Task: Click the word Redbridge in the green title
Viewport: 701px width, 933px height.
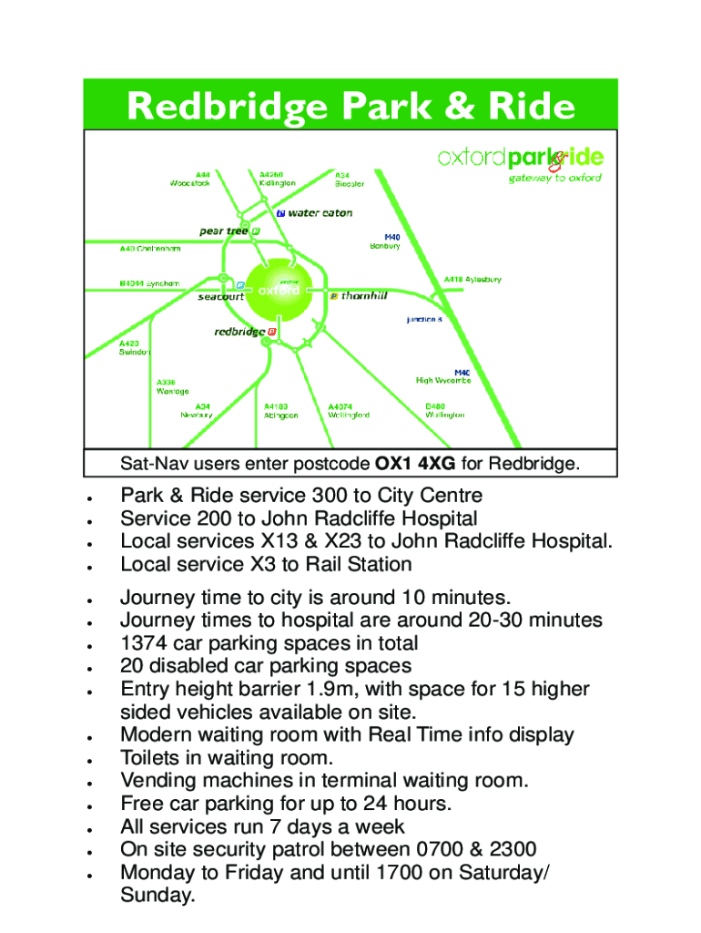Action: tap(228, 108)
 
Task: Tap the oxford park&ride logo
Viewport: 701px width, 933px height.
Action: tap(520, 158)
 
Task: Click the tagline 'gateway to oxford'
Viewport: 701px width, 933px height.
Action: tap(554, 179)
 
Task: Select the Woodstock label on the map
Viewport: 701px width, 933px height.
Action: tap(189, 183)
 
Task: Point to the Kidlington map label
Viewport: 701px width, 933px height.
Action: tap(277, 183)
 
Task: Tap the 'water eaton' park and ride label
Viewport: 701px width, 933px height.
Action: tap(320, 213)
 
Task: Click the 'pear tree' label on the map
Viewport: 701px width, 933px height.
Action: tap(224, 231)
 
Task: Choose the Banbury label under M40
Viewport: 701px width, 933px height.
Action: tap(384, 246)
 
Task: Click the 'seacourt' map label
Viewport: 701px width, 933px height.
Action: tap(221, 296)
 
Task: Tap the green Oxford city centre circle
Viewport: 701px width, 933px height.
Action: tap(278, 291)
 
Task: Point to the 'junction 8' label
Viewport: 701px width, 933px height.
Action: tap(424, 320)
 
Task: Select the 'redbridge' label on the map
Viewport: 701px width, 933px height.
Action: tap(239, 332)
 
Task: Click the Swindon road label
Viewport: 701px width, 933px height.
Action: tap(135, 352)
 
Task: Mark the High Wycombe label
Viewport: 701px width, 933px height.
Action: tap(443, 381)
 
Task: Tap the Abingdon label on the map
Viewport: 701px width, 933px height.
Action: tap(280, 415)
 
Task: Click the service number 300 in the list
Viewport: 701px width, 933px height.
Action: tap(329, 496)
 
